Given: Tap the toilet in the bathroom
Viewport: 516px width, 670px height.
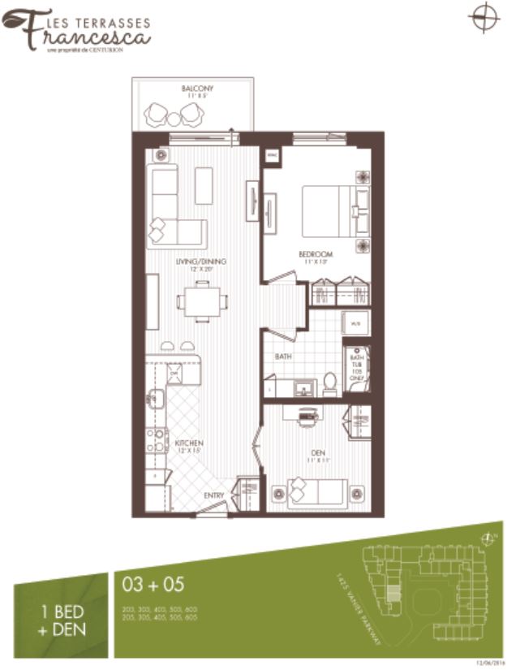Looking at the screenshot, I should click(x=329, y=383).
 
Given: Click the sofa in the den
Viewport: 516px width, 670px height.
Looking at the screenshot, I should click(x=312, y=492).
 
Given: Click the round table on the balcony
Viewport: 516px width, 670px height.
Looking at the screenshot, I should click(x=173, y=119).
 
